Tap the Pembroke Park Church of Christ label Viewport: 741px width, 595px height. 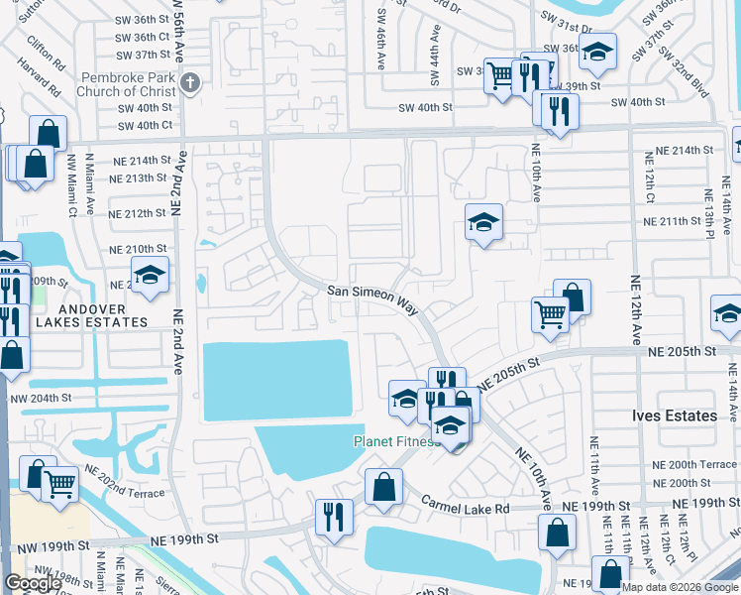tap(131, 84)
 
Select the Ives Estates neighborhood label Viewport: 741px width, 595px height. tap(675, 416)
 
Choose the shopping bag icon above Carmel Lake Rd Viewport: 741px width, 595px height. tap(383, 487)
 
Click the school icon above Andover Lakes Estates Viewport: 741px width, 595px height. tap(150, 276)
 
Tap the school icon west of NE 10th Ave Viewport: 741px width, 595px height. tap(483, 222)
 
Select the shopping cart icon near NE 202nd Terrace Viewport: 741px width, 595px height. tap(59, 485)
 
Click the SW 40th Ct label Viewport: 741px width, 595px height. tap(146, 125)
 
